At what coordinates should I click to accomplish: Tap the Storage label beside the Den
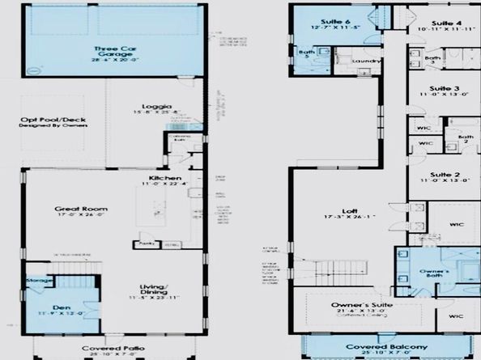coord(40,282)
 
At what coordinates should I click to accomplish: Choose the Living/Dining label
coord(152,292)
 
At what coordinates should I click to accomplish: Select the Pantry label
coord(146,242)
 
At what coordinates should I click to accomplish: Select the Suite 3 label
coord(445,88)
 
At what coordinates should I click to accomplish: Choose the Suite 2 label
coord(445,175)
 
